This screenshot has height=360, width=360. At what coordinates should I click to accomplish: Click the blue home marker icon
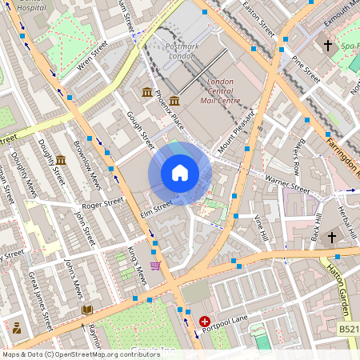(x=180, y=173)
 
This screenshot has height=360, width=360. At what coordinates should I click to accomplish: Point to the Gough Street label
(x=140, y=130)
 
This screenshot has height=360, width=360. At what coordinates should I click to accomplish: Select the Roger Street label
(x=102, y=205)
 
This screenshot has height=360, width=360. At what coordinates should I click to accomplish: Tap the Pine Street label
(x=306, y=70)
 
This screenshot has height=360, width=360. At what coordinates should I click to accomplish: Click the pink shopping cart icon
(x=155, y=266)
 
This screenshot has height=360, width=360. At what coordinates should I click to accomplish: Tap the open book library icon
(x=86, y=309)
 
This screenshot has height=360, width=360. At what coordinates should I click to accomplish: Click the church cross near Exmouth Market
(x=328, y=46)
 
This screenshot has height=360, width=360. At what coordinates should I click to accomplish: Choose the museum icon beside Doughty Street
(x=61, y=160)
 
